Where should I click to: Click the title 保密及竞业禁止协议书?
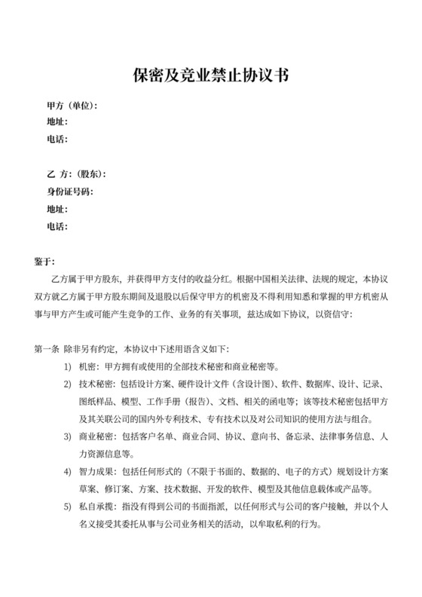pos(211,75)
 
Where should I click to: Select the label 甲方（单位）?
pos(72,106)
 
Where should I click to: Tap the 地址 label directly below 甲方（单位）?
pos(57,122)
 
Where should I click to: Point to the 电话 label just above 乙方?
pos(57,139)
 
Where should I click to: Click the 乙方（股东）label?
pos(77,175)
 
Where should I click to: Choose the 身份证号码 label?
pos(69,192)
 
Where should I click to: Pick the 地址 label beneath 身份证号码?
pos(57,209)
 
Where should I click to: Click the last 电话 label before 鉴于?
pos(57,226)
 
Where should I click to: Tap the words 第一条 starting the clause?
pos(48,350)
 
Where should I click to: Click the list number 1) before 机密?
pos(68,367)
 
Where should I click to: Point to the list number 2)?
pos(68,384)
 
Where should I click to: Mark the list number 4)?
pos(68,472)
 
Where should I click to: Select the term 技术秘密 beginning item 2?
pos(95,384)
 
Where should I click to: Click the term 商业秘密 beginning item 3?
pos(95,437)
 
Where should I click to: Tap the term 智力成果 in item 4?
pos(95,472)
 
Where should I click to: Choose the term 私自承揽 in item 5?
pos(95,507)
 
